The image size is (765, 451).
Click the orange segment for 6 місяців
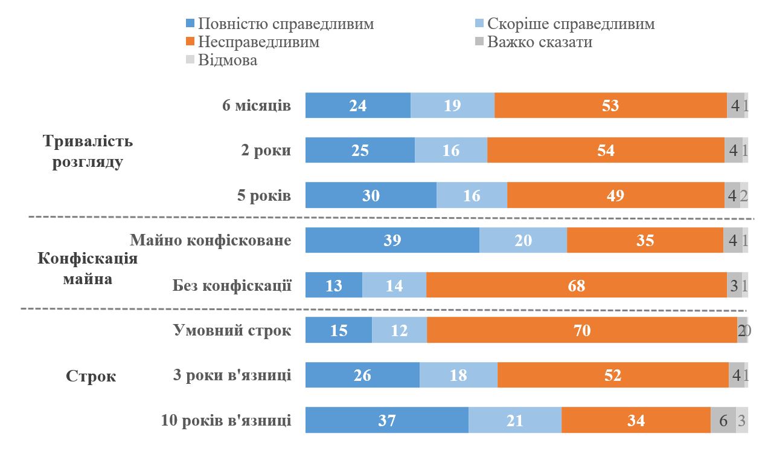click(x=610, y=105)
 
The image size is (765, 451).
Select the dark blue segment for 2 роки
click(x=360, y=150)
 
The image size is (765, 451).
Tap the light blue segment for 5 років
click(x=472, y=195)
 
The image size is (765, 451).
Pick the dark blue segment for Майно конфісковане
click(x=392, y=240)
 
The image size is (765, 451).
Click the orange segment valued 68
click(x=577, y=285)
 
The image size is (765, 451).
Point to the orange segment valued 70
click(x=582, y=330)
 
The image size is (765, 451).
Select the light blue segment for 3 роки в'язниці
click(x=458, y=375)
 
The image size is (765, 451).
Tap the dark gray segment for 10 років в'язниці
click(x=723, y=420)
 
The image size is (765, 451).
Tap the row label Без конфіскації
click(x=232, y=285)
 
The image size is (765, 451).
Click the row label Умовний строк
click(x=232, y=330)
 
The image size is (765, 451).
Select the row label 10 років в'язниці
click(x=226, y=420)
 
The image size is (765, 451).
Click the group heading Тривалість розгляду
click(x=88, y=152)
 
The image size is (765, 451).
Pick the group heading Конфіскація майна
click(x=88, y=269)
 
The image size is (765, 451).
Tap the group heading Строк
click(x=91, y=376)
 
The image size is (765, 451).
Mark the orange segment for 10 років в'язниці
click(x=636, y=420)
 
